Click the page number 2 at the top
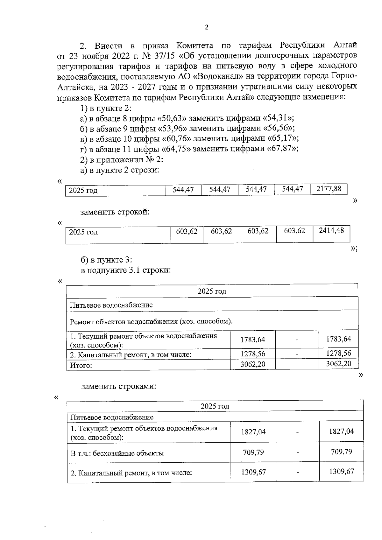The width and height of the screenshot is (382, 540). coord(207,27)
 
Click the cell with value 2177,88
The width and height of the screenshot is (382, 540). coord(329,189)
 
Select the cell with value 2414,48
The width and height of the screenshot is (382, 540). coord(331,231)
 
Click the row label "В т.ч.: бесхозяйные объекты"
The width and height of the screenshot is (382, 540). coord(117,453)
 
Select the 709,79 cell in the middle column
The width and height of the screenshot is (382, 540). coord(253,452)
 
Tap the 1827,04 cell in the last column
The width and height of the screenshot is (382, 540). coord(341,431)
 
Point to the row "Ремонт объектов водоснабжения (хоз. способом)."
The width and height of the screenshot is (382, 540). coord(151,321)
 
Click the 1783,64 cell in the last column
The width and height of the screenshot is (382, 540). coord(339,339)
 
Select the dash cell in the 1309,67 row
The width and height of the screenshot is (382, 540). coord(297,473)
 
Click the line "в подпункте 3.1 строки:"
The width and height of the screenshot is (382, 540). coord(126,270)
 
